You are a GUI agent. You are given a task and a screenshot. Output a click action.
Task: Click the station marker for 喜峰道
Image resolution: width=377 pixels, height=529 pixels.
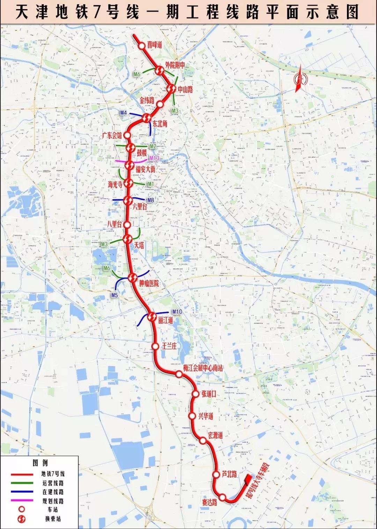[141, 46]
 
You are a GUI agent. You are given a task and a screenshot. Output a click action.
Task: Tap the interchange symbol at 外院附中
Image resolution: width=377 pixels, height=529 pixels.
[159, 71]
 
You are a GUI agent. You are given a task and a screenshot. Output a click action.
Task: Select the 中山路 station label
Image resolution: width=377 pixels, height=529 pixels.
[185, 90]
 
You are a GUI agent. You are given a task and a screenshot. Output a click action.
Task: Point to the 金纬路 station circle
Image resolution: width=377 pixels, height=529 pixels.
[160, 104]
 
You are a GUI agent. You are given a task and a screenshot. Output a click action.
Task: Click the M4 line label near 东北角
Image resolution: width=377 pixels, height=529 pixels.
[123, 113]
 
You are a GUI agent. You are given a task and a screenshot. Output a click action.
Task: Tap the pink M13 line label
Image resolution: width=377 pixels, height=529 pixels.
[154, 158]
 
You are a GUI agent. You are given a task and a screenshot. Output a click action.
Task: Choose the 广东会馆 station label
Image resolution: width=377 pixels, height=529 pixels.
[112, 135]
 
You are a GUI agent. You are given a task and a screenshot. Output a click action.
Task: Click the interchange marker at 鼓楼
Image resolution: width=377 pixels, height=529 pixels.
[131, 148]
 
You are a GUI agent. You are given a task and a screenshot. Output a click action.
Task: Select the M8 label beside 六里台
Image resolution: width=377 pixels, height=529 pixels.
[150, 200]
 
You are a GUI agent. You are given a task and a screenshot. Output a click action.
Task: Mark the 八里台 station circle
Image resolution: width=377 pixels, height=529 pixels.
[127, 224]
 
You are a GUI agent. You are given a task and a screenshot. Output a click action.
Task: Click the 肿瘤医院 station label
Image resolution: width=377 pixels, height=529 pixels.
[149, 283]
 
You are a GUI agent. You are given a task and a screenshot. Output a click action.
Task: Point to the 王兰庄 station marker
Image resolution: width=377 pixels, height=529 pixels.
[155, 346]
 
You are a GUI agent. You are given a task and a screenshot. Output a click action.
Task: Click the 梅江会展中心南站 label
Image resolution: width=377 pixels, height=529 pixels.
[203, 367]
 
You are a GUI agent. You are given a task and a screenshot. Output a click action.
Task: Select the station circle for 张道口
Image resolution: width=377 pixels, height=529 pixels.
[195, 394]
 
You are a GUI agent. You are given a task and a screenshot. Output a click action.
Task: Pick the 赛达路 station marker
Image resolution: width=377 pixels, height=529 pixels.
[223, 497]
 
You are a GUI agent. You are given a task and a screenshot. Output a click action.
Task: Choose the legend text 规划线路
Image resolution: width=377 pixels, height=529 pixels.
[53, 501]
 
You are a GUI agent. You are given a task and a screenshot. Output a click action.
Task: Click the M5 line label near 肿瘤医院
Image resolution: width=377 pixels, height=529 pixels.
[114, 295]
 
